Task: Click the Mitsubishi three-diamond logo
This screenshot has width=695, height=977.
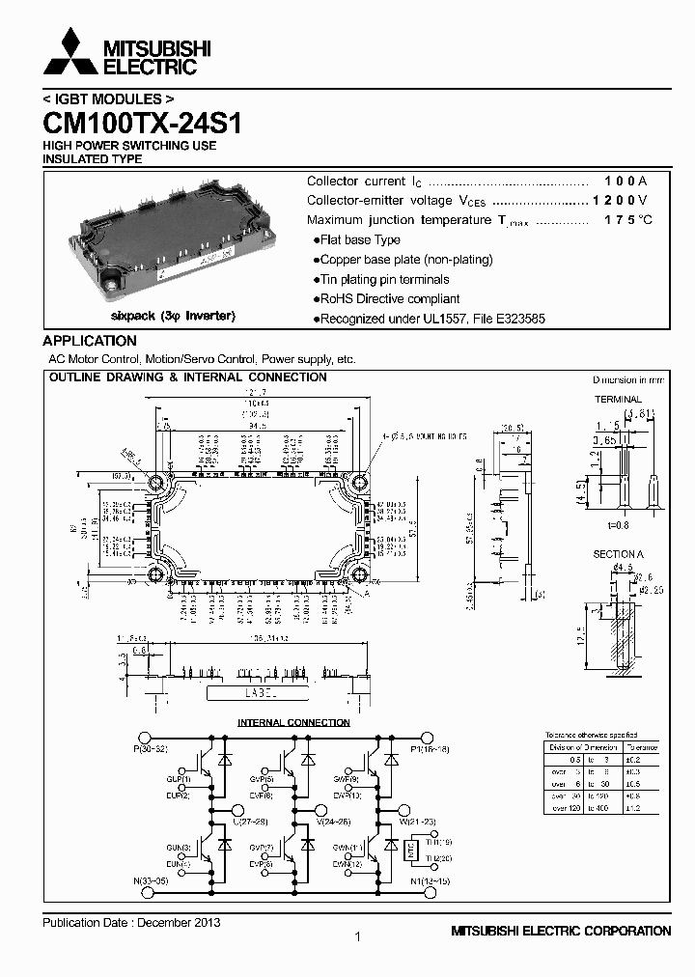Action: point(70,52)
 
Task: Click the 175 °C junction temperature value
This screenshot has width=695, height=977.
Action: point(627,220)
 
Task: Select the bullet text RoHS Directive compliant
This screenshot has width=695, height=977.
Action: point(389,299)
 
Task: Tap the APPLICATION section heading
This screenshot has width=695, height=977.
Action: point(90,341)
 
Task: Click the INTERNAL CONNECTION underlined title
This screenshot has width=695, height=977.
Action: point(293,722)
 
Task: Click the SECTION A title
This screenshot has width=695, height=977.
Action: point(619,554)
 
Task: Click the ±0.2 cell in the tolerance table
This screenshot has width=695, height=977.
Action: point(633,760)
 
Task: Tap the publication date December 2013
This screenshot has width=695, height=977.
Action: point(131,922)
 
